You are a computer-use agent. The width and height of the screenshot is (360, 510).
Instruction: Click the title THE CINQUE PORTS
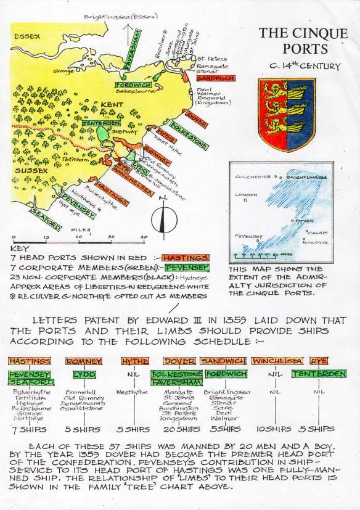coord(303,40)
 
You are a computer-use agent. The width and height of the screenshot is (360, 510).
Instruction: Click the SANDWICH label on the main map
coord(215,78)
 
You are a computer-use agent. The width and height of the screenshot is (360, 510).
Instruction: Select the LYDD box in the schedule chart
coord(83,374)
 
